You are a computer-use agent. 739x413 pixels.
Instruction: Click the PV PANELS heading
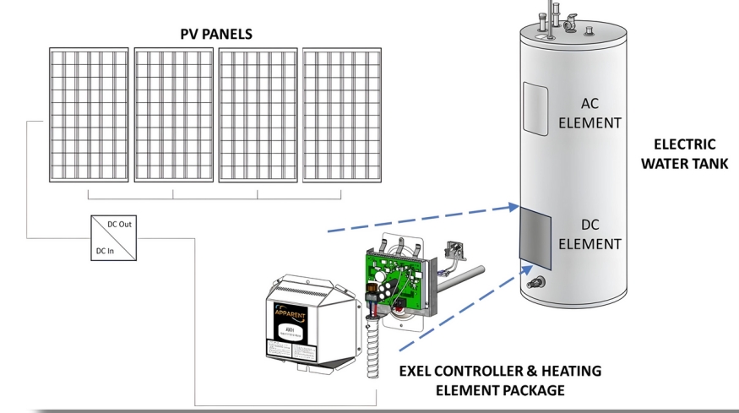pos(216,34)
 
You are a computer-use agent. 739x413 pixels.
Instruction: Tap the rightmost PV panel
pos(341,114)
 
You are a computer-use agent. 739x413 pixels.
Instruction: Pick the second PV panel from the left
pos(173,114)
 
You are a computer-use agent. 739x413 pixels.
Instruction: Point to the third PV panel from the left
pos(258,114)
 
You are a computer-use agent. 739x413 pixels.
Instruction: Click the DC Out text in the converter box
pos(119,225)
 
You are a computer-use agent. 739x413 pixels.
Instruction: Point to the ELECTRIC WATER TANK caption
pos(683,154)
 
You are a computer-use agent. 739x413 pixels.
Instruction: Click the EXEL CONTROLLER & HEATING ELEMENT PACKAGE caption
pos(500,380)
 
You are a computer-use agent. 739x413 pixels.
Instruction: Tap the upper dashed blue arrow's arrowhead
pos(512,206)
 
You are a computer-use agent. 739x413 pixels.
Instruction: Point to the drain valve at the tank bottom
pos(535,282)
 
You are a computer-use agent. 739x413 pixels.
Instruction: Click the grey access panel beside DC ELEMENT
pos(535,241)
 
